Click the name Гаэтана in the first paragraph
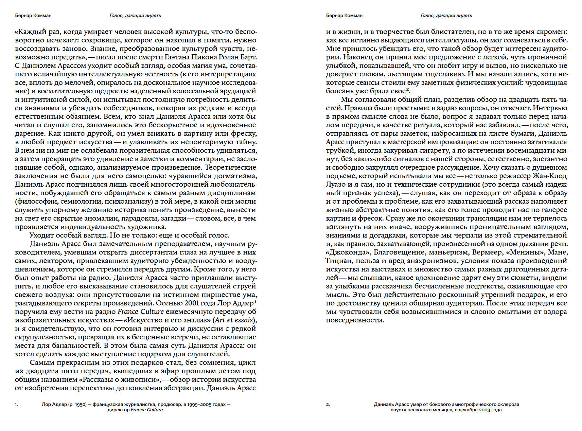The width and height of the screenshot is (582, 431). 178,57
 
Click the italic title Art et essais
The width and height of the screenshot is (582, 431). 234,320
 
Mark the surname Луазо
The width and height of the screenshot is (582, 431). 336,184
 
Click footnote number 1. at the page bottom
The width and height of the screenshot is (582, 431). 17,405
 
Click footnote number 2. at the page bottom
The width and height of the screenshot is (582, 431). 328,405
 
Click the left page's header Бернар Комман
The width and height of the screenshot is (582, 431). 33,15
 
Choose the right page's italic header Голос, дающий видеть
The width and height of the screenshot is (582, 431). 446,15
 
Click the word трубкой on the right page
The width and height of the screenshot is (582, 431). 340,150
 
